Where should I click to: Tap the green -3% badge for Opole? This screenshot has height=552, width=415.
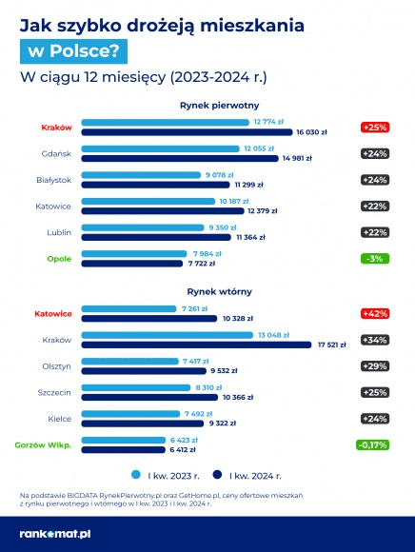[373, 259]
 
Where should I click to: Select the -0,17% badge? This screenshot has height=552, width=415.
[373, 444]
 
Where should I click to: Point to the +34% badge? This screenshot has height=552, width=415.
[373, 341]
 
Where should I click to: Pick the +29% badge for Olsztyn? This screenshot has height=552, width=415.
[373, 366]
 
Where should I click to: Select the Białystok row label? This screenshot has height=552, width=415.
[56, 179]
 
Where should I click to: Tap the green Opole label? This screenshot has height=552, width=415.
[59, 258]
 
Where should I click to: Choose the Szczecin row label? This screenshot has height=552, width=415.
[56, 392]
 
